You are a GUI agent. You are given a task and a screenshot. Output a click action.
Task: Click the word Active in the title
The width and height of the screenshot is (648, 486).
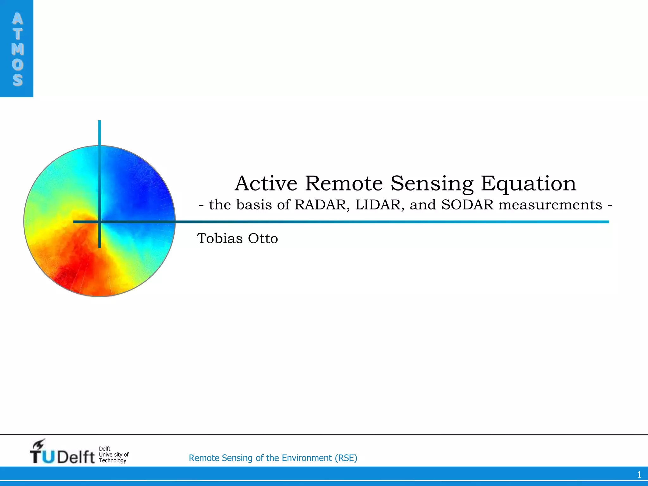pyautogui.click(x=266, y=183)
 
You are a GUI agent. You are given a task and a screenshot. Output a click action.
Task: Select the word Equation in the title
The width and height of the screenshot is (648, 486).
pyautogui.click(x=528, y=184)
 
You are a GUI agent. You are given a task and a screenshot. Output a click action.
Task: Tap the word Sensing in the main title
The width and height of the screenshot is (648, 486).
pyautogui.click(x=432, y=184)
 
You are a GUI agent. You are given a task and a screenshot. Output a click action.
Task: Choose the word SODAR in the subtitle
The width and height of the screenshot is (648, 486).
pyautogui.click(x=467, y=205)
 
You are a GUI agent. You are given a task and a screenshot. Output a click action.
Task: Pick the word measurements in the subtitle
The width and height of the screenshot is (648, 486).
pyautogui.click(x=550, y=205)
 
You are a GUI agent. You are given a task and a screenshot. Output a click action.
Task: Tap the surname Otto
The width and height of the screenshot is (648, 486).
pyautogui.click(x=263, y=238)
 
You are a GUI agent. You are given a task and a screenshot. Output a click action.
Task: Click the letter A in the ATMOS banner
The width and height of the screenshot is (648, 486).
pyautogui.click(x=17, y=19)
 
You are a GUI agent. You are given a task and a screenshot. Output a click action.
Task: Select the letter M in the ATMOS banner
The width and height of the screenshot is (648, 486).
pyautogui.click(x=17, y=49)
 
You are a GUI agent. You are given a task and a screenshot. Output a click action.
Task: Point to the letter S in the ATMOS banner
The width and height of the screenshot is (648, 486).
pyautogui.click(x=17, y=80)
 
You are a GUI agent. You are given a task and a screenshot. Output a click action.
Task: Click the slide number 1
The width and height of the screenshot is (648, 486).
pyautogui.click(x=639, y=475)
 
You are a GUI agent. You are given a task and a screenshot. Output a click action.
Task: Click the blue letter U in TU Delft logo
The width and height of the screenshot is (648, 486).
pyautogui.click(x=48, y=457)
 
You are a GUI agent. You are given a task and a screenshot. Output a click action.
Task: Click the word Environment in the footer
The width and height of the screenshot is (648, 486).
pyautogui.click(x=307, y=458)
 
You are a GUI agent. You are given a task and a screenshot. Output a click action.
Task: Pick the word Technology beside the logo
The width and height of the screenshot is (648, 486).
pyautogui.click(x=112, y=460)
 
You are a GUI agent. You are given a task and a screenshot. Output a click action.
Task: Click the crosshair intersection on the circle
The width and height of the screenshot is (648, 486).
pyautogui.click(x=100, y=222)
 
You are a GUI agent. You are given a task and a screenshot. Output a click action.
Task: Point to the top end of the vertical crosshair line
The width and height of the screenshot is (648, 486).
pyautogui.click(x=100, y=121)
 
